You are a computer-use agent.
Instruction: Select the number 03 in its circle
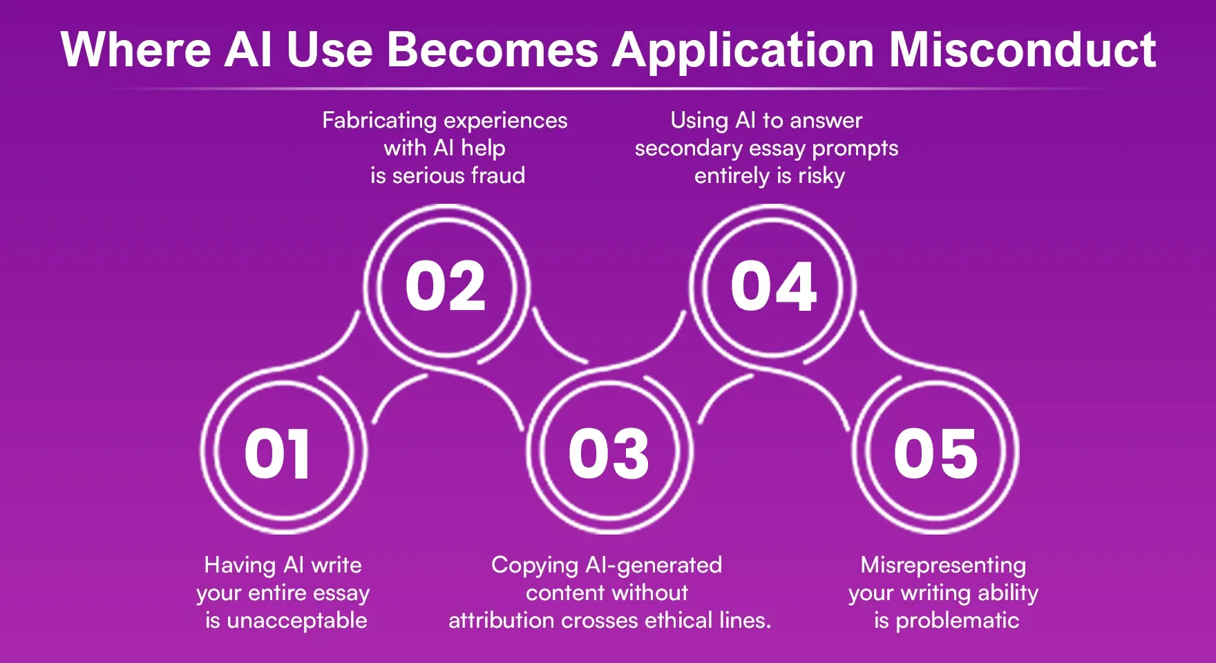(x=609, y=453)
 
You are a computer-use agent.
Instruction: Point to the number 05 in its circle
(x=935, y=453)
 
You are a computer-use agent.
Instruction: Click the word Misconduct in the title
(x=1022, y=50)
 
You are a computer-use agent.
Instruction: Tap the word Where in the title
(x=136, y=50)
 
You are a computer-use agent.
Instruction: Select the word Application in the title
(x=743, y=50)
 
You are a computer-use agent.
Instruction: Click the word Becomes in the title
(x=492, y=50)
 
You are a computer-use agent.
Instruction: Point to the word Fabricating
(x=379, y=121)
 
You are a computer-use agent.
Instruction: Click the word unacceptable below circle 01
(x=296, y=620)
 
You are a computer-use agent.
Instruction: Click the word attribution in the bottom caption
(x=502, y=620)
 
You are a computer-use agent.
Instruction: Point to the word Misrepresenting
(x=943, y=565)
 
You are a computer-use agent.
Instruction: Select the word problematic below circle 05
(x=957, y=620)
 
